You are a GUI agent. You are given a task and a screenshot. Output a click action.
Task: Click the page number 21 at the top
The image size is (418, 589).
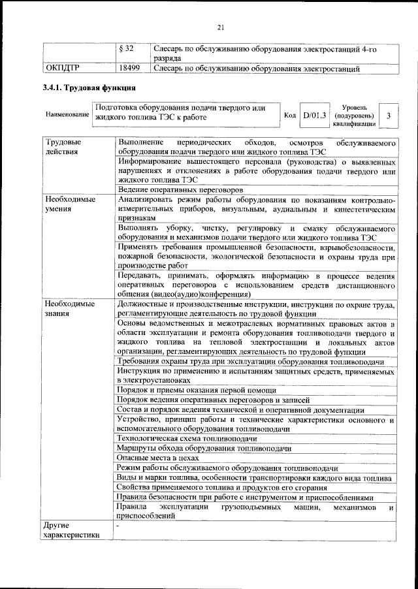(221, 27)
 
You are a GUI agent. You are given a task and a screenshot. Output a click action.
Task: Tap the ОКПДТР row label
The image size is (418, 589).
(63, 67)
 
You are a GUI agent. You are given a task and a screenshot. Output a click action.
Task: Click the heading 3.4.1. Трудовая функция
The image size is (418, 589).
(89, 88)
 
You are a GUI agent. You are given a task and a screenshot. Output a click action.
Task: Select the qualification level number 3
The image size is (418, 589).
(389, 116)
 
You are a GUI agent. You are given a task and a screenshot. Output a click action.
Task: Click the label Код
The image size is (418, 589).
(290, 116)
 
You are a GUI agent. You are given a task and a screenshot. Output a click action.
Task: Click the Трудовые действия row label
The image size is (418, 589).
(63, 147)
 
